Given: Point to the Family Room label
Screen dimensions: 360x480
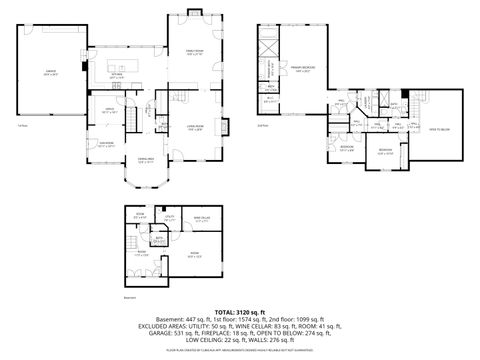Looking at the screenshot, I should (x=193, y=53).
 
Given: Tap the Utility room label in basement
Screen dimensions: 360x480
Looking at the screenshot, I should (x=171, y=217).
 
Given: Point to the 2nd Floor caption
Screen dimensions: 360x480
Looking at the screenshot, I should (x=263, y=125).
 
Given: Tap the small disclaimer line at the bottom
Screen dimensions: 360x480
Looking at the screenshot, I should (x=240, y=352).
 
